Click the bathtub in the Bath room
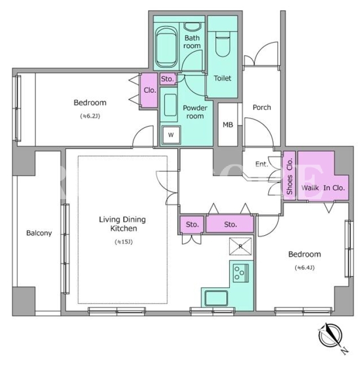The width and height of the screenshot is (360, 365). (x=165, y=47)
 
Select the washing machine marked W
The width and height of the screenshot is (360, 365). (x=171, y=135)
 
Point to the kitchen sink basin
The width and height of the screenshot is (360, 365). (x=216, y=298)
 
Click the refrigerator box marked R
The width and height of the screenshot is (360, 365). (x=240, y=246)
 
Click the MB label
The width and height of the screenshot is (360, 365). (x=228, y=125)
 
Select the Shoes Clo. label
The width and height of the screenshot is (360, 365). (x=289, y=176)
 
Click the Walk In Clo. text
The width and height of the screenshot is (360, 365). (x=323, y=187)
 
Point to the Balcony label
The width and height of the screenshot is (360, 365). (x=39, y=233)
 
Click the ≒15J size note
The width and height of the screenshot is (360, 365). (x=123, y=242)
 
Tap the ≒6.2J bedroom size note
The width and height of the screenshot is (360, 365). (x=90, y=116)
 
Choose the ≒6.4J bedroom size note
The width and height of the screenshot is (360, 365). (x=304, y=268)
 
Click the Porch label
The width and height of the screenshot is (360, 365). (x=262, y=107)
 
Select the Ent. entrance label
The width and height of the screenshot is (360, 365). (x=262, y=164)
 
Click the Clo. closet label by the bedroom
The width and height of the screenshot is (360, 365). (x=150, y=90)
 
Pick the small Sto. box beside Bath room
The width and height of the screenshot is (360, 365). (x=167, y=79)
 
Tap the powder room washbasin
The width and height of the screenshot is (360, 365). (x=170, y=105)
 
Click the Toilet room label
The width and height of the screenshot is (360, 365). (x=222, y=78)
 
